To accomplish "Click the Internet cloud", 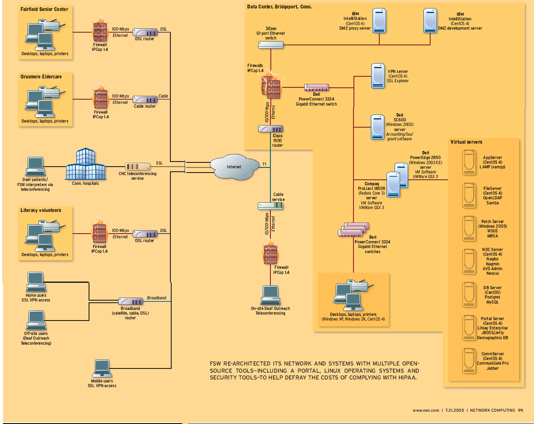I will click(x=234, y=167).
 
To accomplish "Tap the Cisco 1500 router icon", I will click(x=270, y=129).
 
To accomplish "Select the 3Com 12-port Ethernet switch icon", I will click(x=271, y=45).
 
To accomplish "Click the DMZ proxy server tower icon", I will click(x=379, y=21).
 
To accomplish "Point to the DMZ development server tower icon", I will click(x=430, y=21).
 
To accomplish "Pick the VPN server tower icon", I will click(x=378, y=76).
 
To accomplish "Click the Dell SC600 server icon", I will click(x=377, y=127).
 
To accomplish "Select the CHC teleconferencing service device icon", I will click(x=138, y=167).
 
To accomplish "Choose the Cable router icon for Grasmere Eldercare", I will click(x=145, y=100).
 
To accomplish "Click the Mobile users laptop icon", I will click(x=102, y=368).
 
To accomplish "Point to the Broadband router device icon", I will click(x=131, y=301).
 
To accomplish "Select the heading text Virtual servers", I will click(x=466, y=142).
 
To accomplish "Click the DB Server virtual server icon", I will click(x=469, y=294).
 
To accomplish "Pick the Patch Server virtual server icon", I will click(x=469, y=228).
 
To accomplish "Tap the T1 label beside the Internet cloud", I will click(x=264, y=165).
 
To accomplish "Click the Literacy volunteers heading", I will click(x=41, y=210).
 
